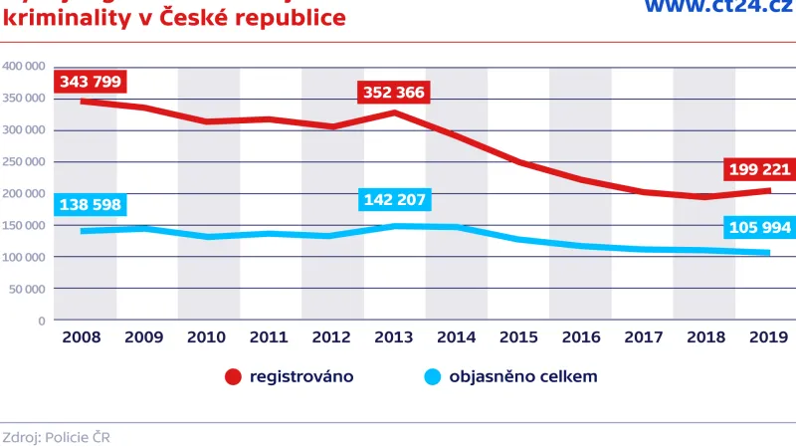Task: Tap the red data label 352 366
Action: click(x=392, y=94)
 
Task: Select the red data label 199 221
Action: click(x=758, y=170)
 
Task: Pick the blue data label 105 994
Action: click(x=758, y=228)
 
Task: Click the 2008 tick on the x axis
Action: click(x=81, y=337)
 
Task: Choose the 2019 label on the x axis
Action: click(x=766, y=337)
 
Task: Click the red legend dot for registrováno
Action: click(x=233, y=377)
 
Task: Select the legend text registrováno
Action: click(x=301, y=377)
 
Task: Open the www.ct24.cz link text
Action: click(x=717, y=8)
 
